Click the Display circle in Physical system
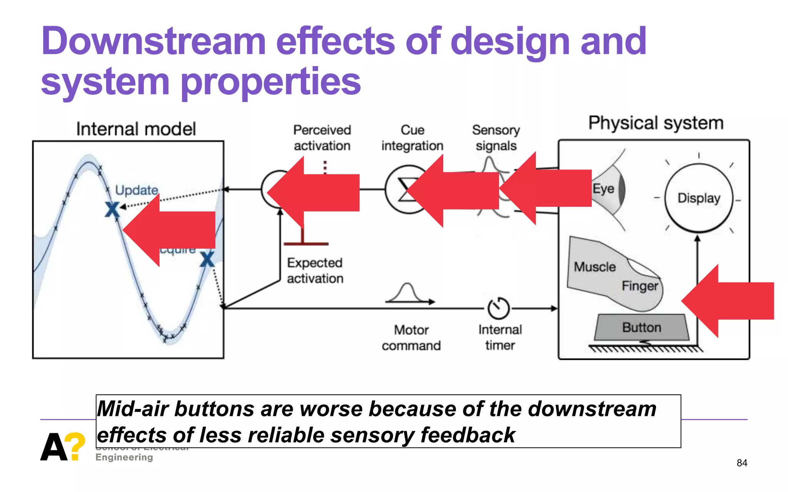tap(698, 198)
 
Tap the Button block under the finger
tap(641, 327)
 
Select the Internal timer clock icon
tap(499, 308)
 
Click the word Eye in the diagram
tap(603, 189)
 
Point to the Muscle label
tap(594, 267)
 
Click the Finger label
tap(640, 286)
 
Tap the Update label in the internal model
tap(137, 190)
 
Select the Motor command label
tap(411, 338)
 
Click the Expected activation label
tap(315, 271)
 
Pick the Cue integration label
tap(412, 138)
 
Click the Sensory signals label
tap(496, 138)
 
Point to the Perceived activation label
tap(322, 138)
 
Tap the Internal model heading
tap(136, 129)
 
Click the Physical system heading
tap(656, 123)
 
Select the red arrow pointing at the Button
tap(727, 301)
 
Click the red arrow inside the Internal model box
tap(169, 230)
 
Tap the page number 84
tap(741, 463)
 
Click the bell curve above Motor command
tap(407, 293)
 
